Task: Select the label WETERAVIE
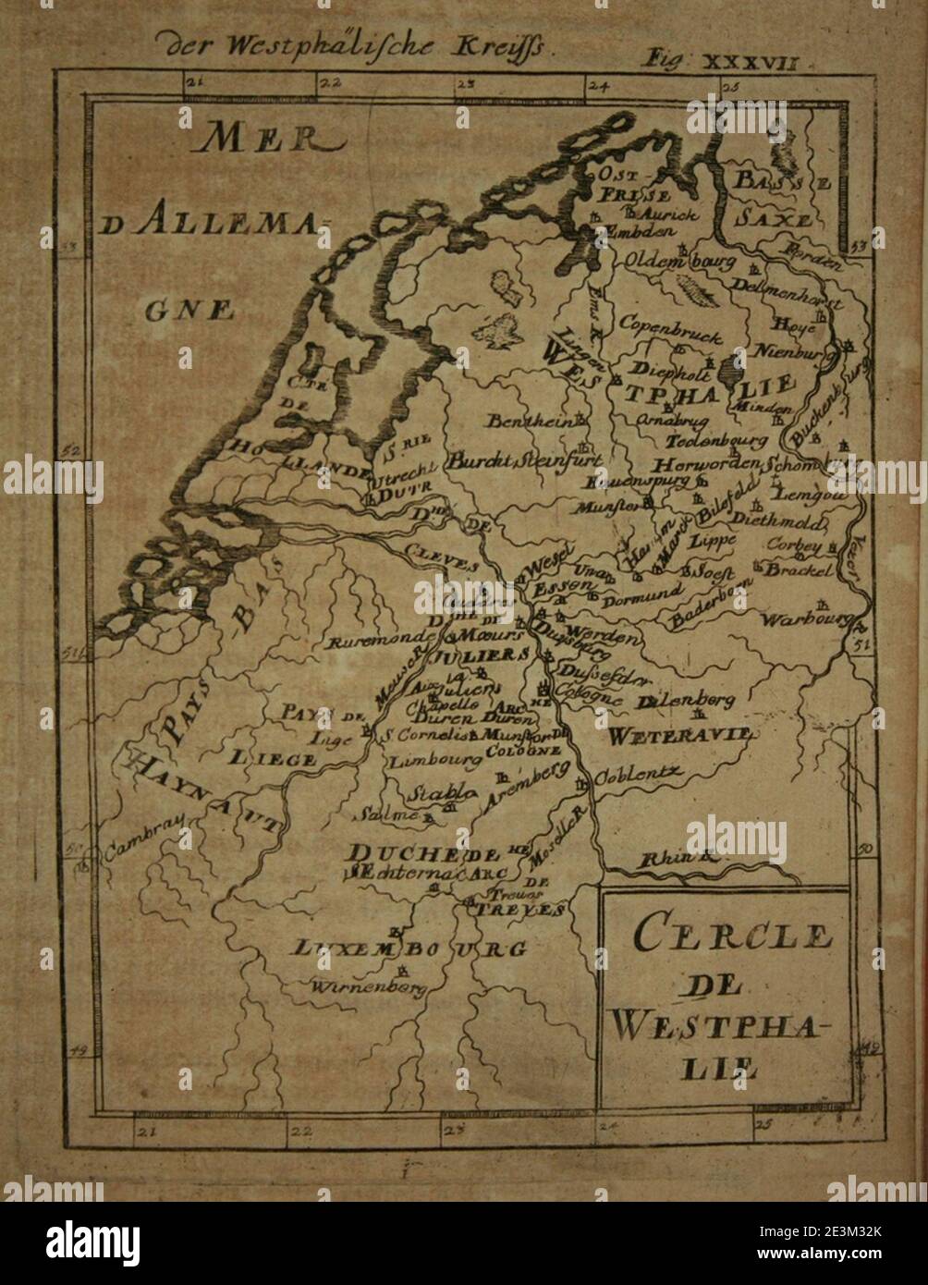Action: point(681,735)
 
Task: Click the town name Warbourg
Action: point(803,619)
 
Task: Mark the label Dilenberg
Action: point(686,701)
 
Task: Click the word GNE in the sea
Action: point(189,311)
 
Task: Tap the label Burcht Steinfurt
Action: point(524,459)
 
